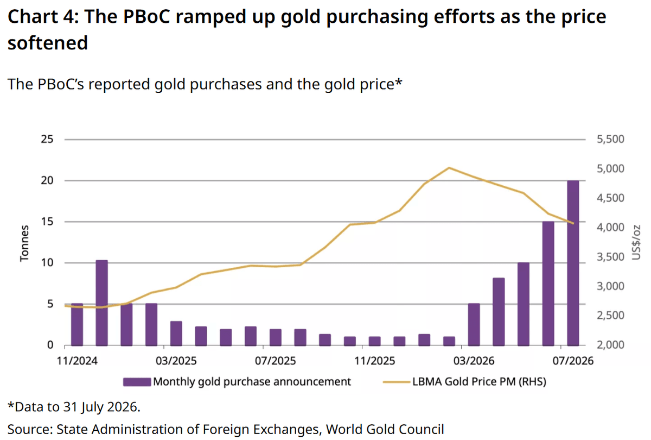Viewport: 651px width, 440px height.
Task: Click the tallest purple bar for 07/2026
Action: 573,263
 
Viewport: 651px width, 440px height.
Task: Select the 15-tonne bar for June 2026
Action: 548,284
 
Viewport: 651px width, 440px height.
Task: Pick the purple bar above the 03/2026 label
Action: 474,324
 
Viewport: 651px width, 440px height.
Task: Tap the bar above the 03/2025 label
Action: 176,334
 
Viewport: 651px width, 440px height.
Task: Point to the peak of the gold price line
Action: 449,168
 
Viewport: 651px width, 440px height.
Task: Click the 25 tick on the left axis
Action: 47,139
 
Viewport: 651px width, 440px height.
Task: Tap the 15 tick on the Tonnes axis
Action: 47,222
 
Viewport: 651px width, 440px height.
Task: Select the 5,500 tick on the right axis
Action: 610,139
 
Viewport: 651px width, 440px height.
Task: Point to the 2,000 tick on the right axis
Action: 610,345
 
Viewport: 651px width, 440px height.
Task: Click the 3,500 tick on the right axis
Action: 610,257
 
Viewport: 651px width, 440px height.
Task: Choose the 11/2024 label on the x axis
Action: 77,361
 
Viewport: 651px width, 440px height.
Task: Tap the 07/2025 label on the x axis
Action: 275,361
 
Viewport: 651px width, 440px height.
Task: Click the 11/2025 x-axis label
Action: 375,361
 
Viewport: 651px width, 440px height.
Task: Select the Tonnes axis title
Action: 24,243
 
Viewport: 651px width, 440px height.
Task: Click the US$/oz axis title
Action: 636,242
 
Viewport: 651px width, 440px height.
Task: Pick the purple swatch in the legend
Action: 137,382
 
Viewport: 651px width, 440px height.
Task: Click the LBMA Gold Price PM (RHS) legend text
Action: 479,381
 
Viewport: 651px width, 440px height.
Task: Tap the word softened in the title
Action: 48,43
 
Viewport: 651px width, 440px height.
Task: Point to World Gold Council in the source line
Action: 385,429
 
